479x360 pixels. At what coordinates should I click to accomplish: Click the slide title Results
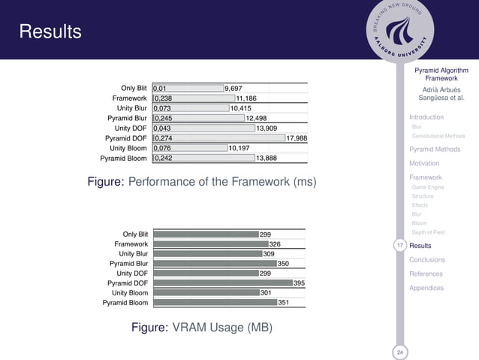(50, 32)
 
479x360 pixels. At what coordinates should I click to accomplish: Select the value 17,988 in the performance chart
(297, 138)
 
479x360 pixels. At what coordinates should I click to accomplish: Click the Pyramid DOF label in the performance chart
(126, 138)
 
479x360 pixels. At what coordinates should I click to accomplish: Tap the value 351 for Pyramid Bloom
(284, 302)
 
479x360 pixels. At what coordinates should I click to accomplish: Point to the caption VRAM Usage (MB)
(201, 328)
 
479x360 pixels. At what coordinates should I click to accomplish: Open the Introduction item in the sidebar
(426, 117)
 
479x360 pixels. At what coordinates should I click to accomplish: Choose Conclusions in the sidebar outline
(427, 260)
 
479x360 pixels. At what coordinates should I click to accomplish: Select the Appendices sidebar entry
(426, 288)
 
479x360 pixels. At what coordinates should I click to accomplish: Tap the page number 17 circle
(399, 246)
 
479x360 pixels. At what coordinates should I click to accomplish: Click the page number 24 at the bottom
(399, 352)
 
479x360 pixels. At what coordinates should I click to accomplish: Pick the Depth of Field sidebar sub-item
(428, 232)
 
